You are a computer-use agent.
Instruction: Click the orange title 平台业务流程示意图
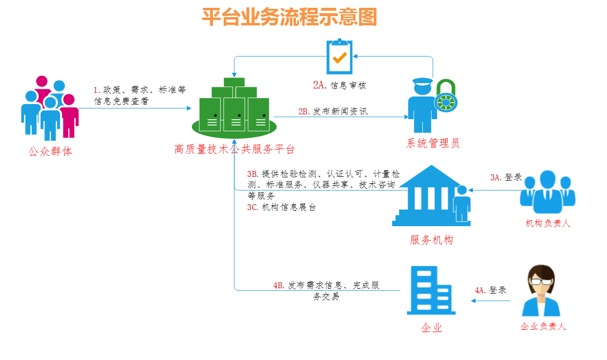tap(290, 17)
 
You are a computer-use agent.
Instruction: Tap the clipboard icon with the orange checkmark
tap(339, 56)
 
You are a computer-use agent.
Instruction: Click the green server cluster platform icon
tap(234, 108)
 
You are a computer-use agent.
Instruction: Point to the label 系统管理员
tap(433, 143)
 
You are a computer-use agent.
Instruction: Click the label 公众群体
tap(50, 151)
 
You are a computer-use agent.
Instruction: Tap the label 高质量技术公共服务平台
tap(234, 149)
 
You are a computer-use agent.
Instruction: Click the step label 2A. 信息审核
tap(339, 85)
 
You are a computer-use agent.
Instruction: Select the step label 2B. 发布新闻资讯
tap(333, 111)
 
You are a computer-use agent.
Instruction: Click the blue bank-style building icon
tap(431, 195)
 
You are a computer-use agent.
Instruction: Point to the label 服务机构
tap(431, 240)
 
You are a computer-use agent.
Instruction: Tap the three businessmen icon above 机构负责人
tap(547, 191)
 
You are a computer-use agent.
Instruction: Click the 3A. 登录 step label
tap(506, 177)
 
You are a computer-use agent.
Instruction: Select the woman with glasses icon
tap(541, 290)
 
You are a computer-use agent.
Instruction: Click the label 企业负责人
tap(544, 326)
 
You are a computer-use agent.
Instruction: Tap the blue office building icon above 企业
tap(431, 290)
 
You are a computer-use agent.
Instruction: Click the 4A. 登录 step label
tap(491, 290)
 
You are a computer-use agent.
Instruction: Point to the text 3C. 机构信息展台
tap(282, 207)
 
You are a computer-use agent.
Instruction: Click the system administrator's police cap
tap(422, 81)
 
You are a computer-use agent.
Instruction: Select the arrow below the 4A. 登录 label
tap(491, 300)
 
